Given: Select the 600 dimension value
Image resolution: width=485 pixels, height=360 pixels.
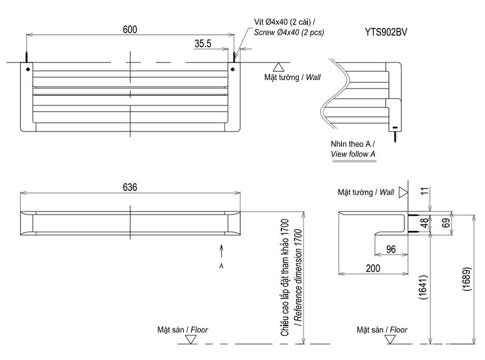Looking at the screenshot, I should coord(129,29).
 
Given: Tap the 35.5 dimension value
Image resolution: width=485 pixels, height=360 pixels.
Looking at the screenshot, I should coord(202,44).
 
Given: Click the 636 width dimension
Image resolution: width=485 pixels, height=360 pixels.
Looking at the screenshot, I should coord(130,188).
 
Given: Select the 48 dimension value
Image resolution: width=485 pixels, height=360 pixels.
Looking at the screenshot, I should coord(424,222).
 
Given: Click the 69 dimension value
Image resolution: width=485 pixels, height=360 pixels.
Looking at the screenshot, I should coord(446,224).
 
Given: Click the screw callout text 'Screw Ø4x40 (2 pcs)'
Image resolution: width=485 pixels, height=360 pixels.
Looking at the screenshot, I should coord(289,32).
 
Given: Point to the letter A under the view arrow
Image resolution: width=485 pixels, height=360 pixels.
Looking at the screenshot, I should coord(222,265).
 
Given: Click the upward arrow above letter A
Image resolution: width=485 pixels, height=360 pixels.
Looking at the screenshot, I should coord(222,250).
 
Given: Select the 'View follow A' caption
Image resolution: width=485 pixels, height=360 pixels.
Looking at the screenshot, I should coord(353,155).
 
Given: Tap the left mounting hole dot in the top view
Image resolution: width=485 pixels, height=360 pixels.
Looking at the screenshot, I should coord(27,68).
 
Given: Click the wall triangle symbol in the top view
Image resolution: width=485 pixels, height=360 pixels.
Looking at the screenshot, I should coord(278,67).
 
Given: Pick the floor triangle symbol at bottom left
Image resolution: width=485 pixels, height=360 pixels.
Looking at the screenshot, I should coord(190,340).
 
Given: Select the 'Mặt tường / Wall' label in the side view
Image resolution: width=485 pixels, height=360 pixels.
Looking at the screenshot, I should coord(366,192).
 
